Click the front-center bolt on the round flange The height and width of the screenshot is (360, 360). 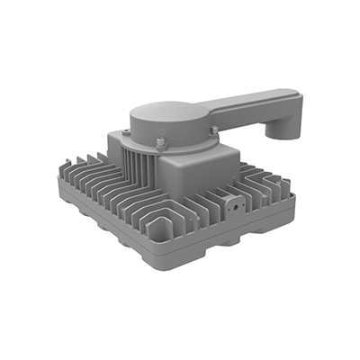tap(159, 141)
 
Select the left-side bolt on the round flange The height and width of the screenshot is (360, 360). tap(127, 132)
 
